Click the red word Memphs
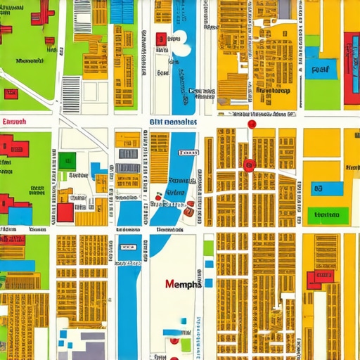pos(183,285)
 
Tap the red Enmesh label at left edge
pos(14,122)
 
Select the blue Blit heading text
pos(173,122)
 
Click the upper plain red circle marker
pos(252,124)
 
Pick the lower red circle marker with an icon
pos(247,165)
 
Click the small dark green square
pos(67,160)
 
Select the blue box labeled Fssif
pos(321,70)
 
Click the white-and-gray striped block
pos(71,95)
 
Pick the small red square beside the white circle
pos(161,39)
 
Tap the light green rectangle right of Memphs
pos(208,247)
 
